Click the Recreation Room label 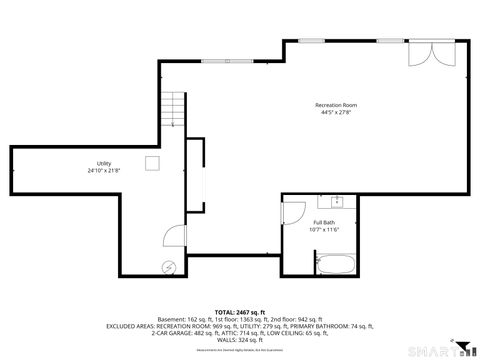pyautogui.click(x=336, y=105)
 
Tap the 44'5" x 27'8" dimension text pyautogui.click(x=336, y=113)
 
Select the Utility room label pyautogui.click(x=104, y=163)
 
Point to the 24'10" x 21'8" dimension pyautogui.click(x=104, y=171)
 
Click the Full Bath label pyautogui.click(x=325, y=222)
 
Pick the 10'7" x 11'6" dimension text pyautogui.click(x=325, y=230)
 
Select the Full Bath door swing pyautogui.click(x=293, y=212)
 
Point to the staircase pyautogui.click(x=175, y=110)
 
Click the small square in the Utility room pyautogui.click(x=152, y=163)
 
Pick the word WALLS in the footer pyautogui.click(x=227, y=341)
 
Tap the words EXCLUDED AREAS pyautogui.click(x=132, y=326)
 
